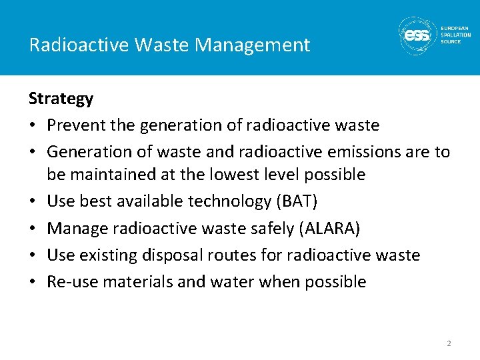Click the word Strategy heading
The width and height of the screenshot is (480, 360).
tap(61, 99)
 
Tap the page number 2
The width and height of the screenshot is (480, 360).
tap(449, 343)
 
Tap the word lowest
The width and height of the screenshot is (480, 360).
tap(236, 175)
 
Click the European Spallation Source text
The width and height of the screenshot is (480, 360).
tap(455, 35)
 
